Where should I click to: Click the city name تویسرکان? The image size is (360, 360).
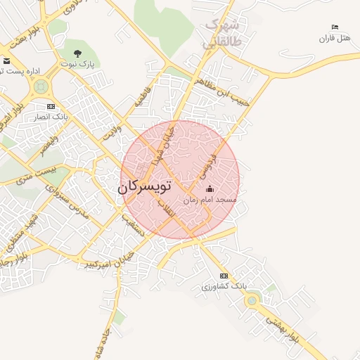coord(143,188)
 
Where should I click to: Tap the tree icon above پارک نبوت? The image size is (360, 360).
coord(77,53)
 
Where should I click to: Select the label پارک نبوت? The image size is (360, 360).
coord(77,64)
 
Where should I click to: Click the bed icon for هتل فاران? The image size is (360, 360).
coord(335,27)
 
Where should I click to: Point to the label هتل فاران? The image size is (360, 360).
coord(335,37)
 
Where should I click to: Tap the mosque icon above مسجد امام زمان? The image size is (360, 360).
coord(210,189)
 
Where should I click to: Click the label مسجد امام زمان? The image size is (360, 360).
coord(210,200)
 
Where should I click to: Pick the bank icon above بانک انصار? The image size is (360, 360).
coord(51,106)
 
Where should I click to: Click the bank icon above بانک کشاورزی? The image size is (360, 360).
coord(224,276)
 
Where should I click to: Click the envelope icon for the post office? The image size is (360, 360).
coord(6,61)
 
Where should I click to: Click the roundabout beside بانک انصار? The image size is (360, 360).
coord(40,87)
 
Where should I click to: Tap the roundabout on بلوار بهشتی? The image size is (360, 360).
coord(251,301)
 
